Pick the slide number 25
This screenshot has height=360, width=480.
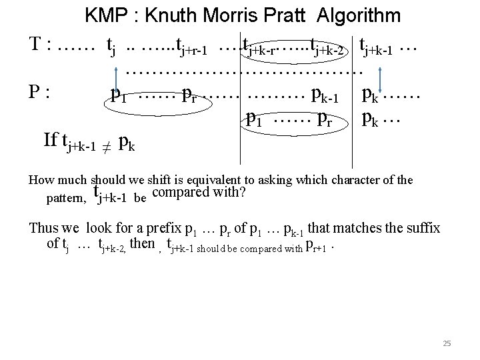[x=447, y=343]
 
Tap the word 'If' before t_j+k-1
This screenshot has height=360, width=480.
[x=51, y=140]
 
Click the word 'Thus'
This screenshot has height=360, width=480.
[x=44, y=228]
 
